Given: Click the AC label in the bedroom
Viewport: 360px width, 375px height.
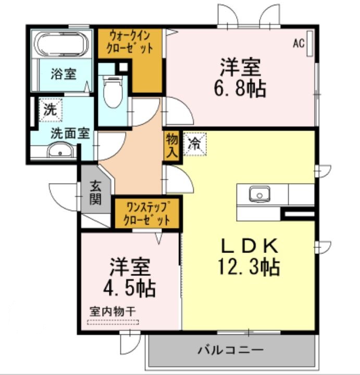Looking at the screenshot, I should [x=298, y=44].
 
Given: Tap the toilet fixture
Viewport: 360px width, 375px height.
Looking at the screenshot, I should [x=112, y=91].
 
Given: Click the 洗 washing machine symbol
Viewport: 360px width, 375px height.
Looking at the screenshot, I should [x=49, y=111].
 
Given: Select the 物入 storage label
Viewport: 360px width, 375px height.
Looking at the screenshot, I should [x=172, y=146].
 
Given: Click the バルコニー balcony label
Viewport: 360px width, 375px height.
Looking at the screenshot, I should [x=230, y=350].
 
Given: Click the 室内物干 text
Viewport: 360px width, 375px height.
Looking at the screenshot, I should [x=112, y=310].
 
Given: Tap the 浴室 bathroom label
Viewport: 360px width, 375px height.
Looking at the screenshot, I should [x=63, y=74].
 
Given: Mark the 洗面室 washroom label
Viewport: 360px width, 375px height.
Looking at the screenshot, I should [x=70, y=133].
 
